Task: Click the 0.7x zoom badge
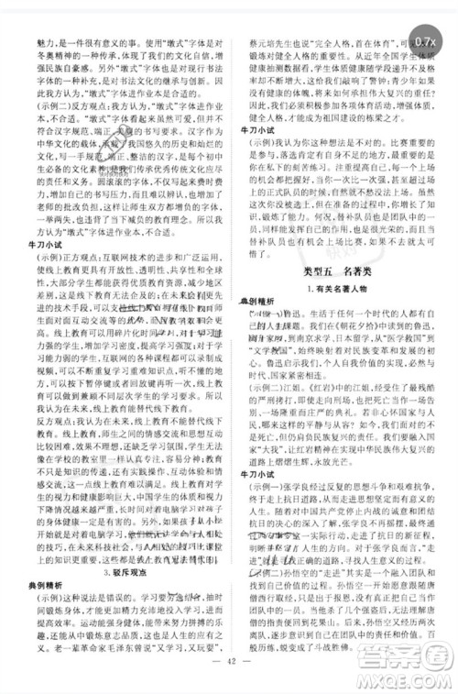coord(427,41)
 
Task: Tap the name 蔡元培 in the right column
coord(254,42)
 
